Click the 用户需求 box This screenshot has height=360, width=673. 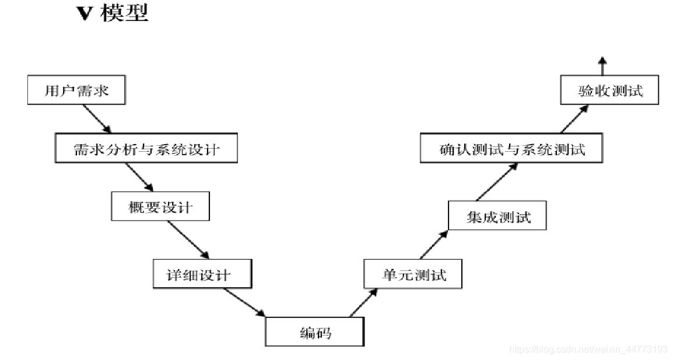point(76,90)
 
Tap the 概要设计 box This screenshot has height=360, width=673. point(160,206)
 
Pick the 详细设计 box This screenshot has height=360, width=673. point(202,274)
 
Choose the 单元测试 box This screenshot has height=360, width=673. point(413,274)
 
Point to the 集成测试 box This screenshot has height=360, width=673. point(498,216)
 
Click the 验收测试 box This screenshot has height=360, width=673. point(609,90)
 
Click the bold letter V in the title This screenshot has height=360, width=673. point(86,15)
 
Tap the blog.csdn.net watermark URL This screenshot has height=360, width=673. point(588,349)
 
